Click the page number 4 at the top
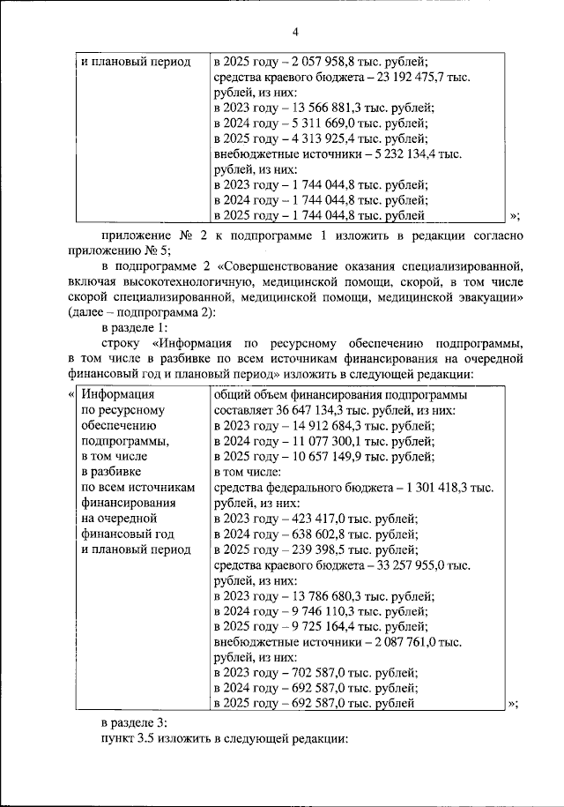click(295, 33)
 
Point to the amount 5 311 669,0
click(317, 123)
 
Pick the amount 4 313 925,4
click(317, 139)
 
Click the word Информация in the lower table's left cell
click(118, 396)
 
